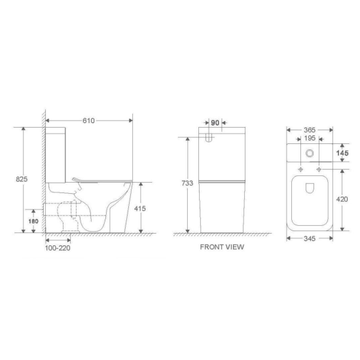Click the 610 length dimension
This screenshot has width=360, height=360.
(x=88, y=120)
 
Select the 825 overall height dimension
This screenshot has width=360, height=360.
(x=22, y=179)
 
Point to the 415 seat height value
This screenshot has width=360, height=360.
(x=140, y=208)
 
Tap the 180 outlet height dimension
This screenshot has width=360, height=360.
(x=33, y=221)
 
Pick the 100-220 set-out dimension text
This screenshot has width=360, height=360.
(x=58, y=248)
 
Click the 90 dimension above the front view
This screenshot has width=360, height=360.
(x=215, y=123)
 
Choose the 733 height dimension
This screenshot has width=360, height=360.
(x=187, y=183)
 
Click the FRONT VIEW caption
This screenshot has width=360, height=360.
(x=222, y=247)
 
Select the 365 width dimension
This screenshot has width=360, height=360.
(x=310, y=130)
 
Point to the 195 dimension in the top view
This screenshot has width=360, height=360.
(x=310, y=138)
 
